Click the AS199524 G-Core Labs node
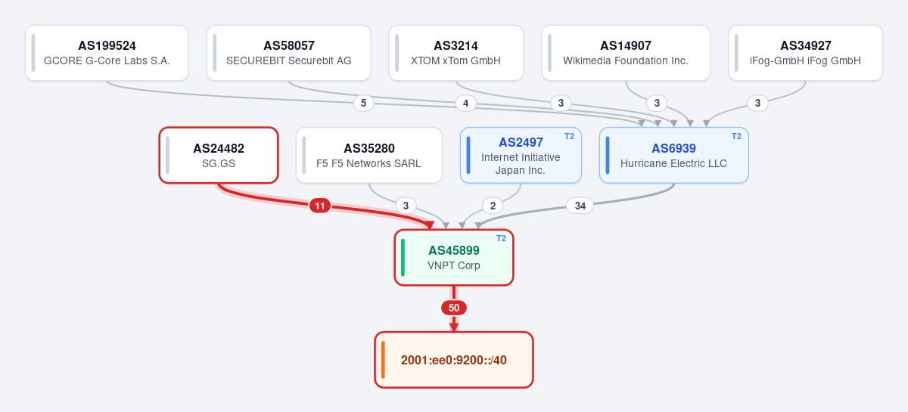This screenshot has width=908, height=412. (107, 53)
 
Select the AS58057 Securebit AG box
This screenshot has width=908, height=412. (288, 53)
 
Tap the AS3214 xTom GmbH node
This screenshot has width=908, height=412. (456, 53)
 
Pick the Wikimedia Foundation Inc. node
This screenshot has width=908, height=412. (626, 53)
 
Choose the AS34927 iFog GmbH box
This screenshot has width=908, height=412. (805, 53)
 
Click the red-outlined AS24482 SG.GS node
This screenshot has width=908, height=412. (219, 155)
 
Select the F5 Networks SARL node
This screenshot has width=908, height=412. (369, 155)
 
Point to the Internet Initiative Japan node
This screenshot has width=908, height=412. (521, 155)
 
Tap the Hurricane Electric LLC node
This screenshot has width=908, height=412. (673, 155)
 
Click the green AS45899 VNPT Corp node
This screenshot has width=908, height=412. (454, 258)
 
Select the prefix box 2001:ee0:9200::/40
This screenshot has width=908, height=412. (454, 360)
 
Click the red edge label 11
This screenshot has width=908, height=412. (320, 206)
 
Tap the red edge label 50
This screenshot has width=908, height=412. (454, 308)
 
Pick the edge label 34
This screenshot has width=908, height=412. (580, 206)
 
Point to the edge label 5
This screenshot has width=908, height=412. (364, 103)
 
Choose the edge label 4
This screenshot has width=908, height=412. (466, 103)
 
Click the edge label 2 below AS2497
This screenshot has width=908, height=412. (493, 206)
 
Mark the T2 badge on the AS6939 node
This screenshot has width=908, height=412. (736, 137)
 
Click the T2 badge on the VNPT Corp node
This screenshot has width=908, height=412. (502, 239)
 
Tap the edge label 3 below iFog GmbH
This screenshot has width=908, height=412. (757, 103)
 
